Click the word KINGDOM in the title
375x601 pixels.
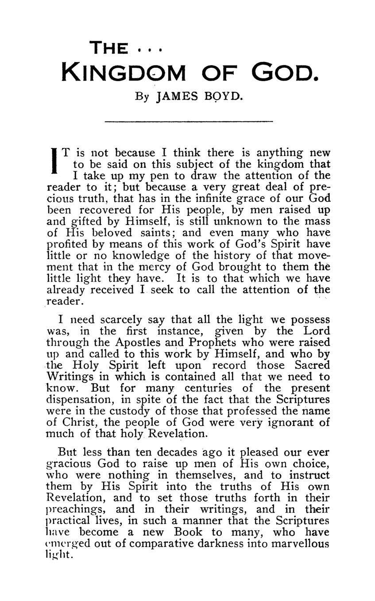(x=124, y=71)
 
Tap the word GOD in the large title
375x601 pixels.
(x=284, y=71)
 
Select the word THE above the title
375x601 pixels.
(x=109, y=48)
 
